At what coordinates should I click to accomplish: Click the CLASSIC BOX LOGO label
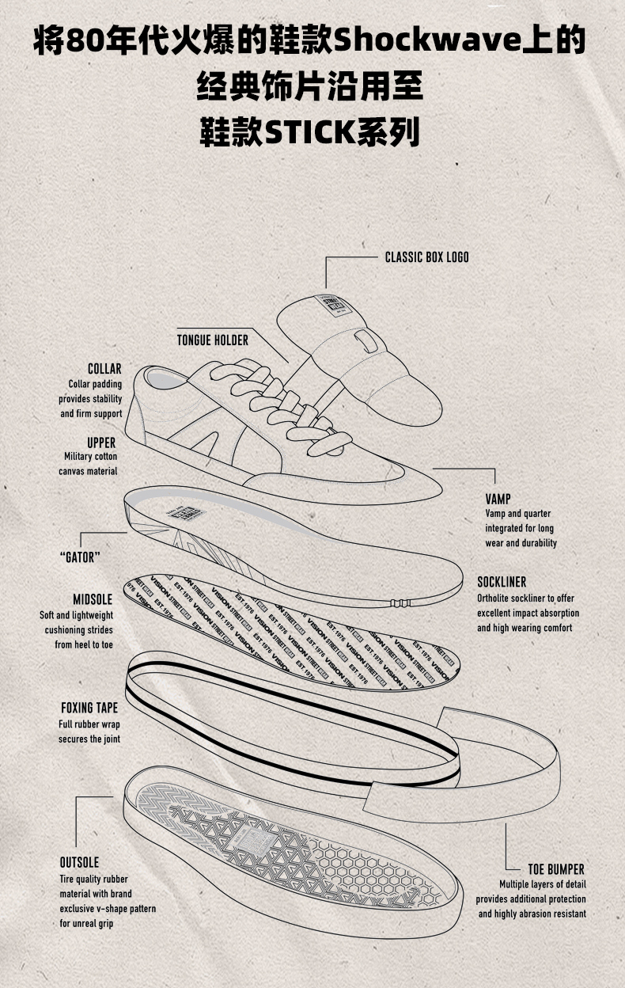click(426, 257)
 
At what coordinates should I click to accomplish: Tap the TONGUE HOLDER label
click(212, 340)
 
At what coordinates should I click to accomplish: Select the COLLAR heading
click(104, 369)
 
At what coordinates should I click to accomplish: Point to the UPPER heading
click(101, 443)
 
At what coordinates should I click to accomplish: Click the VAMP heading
click(498, 499)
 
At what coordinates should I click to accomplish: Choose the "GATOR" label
click(80, 557)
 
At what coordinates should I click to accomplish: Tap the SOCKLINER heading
click(502, 582)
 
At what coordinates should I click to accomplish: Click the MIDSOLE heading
click(93, 600)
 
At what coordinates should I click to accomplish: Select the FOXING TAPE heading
click(89, 708)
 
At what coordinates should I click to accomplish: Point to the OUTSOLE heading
click(79, 862)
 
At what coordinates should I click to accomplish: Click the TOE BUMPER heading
click(556, 869)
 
